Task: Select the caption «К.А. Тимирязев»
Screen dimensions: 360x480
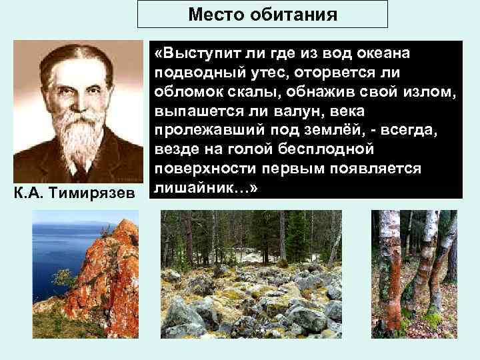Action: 74,193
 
